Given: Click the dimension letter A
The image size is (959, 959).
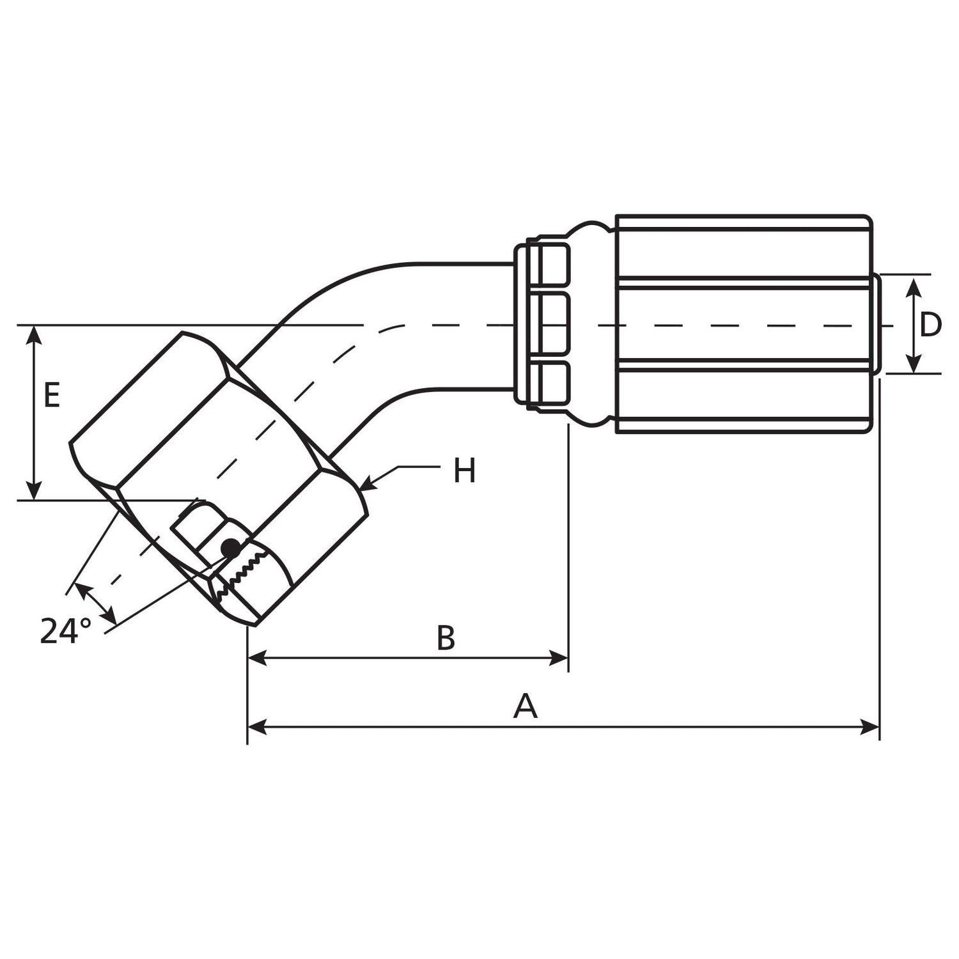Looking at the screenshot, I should click(x=525, y=707).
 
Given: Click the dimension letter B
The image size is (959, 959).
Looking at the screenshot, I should click(x=446, y=638).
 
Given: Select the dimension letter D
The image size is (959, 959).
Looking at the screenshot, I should click(x=930, y=325).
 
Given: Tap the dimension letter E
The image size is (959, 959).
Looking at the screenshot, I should click(x=52, y=395).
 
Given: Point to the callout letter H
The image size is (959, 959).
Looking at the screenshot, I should click(x=465, y=472).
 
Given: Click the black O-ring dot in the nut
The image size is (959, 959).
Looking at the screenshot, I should click(x=230, y=548).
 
